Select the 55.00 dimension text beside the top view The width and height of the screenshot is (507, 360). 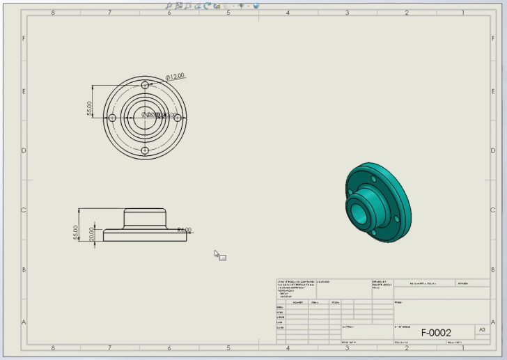90,109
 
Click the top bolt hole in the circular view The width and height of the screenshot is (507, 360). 145,84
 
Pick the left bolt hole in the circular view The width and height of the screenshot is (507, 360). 111,117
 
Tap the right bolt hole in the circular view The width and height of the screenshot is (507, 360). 178,117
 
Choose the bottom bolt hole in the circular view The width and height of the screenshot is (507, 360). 145,150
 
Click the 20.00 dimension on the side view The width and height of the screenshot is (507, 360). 91,235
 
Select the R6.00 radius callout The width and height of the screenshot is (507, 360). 185,230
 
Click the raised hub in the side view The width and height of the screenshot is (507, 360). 145,217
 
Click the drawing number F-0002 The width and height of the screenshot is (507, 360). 436,333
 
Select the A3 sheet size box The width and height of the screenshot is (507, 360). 482,330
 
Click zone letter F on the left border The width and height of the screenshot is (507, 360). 24,39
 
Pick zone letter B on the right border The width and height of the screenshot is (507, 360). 482,270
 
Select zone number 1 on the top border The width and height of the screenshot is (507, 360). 464,13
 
